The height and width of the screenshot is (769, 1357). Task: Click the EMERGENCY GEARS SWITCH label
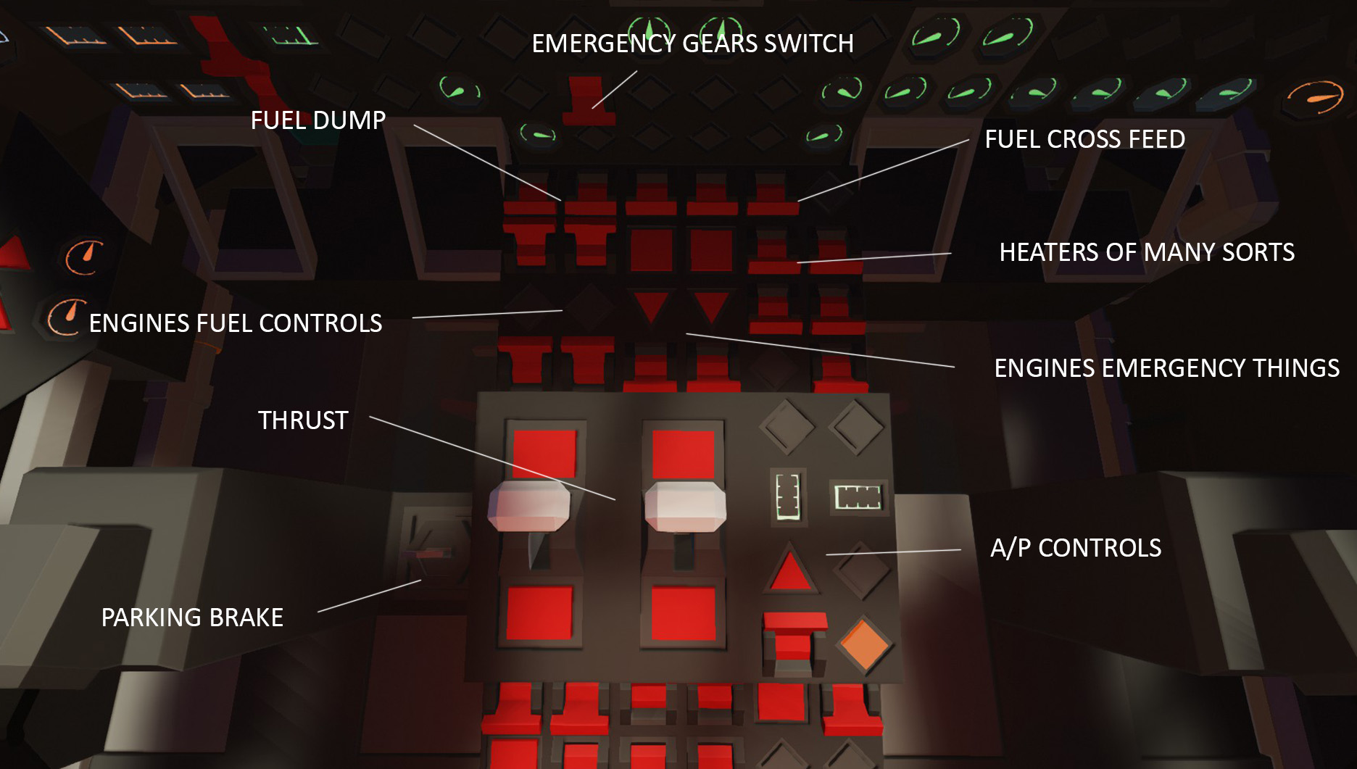pos(692,43)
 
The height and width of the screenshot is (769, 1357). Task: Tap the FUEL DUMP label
pos(318,120)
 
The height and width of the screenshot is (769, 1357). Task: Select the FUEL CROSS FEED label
pos(1084,139)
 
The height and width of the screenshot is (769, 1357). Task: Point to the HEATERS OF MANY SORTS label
pos(1146,252)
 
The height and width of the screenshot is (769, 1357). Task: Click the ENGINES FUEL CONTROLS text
pos(235,323)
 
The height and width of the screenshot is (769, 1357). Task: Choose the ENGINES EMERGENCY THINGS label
pos(1166,368)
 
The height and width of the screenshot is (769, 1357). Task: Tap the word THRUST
pos(303,420)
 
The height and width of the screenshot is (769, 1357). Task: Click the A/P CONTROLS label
pos(1076,548)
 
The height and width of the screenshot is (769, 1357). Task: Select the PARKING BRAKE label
pos(192,618)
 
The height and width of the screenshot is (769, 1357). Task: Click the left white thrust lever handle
pos(529,504)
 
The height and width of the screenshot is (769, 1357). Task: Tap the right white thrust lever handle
pos(684,504)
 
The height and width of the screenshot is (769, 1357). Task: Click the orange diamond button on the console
pos(863,644)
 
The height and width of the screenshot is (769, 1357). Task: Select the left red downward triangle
pos(650,305)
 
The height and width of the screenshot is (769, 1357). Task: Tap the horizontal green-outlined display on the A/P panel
pos(858,496)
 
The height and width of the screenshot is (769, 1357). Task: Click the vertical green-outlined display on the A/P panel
pos(787,496)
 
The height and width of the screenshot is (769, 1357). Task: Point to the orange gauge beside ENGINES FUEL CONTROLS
pos(66,317)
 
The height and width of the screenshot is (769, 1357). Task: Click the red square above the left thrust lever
pos(544,453)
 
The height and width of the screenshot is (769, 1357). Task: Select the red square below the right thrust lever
pos(683,613)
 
